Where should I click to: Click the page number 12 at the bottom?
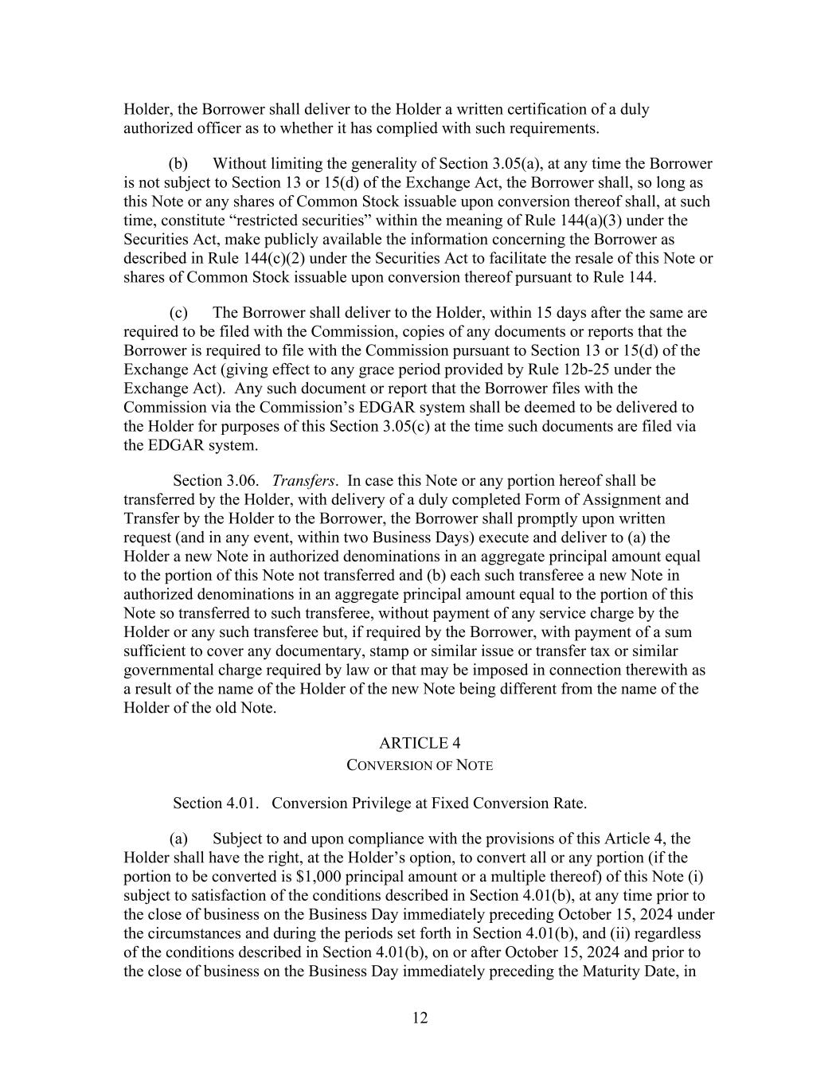[x=420, y=1018]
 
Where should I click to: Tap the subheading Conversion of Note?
[x=420, y=765]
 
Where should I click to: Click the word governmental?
[x=169, y=671]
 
